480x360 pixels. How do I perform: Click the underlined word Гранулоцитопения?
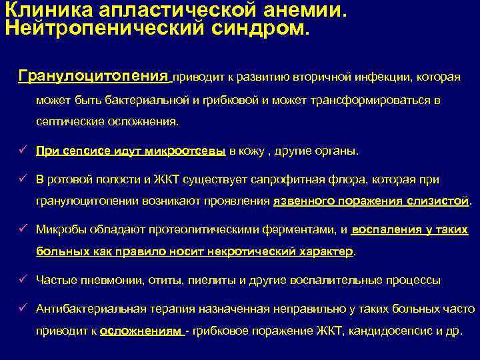click(94, 75)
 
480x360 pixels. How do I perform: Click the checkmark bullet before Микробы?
click(22, 230)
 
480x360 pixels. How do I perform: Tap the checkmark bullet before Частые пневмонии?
click(22, 280)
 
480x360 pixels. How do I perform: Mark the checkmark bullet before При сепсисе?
click(22, 151)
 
